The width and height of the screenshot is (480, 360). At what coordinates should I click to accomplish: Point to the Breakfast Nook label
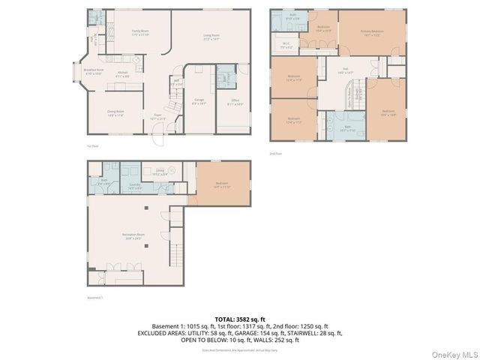tap(93, 72)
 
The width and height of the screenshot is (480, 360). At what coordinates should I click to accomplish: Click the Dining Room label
tap(115, 112)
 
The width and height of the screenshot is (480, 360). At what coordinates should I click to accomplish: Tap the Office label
tap(235, 103)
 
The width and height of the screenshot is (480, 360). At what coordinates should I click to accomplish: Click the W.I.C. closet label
tap(286, 45)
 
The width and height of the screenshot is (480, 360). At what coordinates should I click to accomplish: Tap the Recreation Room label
tap(133, 236)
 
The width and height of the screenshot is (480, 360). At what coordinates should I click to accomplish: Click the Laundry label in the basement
tap(135, 186)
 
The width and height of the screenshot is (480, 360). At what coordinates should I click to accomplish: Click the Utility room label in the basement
tap(160, 172)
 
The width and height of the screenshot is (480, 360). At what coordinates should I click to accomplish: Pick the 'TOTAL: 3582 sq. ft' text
tap(239, 319)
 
